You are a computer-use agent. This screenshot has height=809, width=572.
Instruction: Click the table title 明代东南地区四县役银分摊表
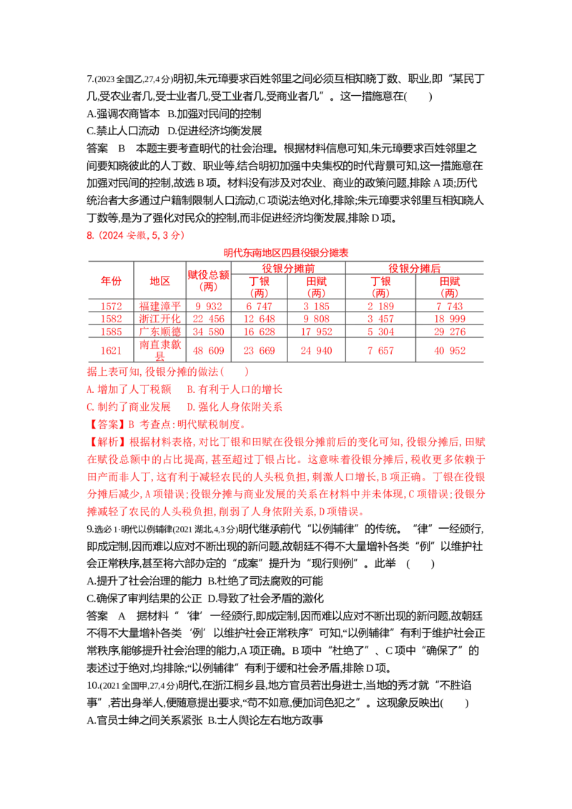[x=286, y=253]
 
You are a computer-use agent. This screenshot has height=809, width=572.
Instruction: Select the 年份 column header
[x=111, y=281]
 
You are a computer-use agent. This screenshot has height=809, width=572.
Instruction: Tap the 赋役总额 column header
[x=208, y=281]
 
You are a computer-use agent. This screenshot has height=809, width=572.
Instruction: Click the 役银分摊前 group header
[x=288, y=268]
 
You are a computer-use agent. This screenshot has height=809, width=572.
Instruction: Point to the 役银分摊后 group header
[x=415, y=268]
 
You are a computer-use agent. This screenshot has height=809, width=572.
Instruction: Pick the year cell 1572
[x=111, y=306]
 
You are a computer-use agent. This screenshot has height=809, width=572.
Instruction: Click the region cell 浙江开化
[x=160, y=319]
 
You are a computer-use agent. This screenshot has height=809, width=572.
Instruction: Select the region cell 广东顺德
[x=160, y=332]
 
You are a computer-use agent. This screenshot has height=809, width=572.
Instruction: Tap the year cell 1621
[x=111, y=351]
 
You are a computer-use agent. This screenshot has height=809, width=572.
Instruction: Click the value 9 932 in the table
[x=209, y=306]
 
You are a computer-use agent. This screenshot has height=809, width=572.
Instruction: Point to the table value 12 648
[x=259, y=319]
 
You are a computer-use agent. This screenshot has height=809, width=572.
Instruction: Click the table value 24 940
[x=316, y=351]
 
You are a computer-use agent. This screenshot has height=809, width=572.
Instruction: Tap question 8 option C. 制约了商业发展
[x=129, y=407]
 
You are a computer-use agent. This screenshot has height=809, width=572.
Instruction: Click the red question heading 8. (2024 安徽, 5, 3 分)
[x=135, y=235]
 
